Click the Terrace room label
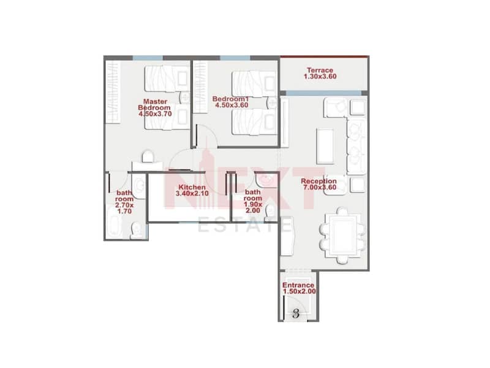pyautogui.click(x=320, y=70)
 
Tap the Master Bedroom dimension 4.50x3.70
pyautogui.click(x=155, y=114)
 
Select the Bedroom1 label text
pyautogui.click(x=231, y=99)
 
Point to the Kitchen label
pyautogui.click(x=192, y=188)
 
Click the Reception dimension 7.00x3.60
pyautogui.click(x=320, y=188)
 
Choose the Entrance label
pyautogui.click(x=298, y=285)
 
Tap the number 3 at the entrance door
pyautogui.click(x=296, y=313)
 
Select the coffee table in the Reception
pyautogui.click(x=325, y=146)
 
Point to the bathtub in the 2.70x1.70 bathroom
pyautogui.click(x=113, y=223)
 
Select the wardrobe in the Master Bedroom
pyautogui.click(x=112, y=92)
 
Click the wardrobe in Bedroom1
pyautogui.click(x=200, y=87)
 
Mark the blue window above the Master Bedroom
pyautogui.click(x=148, y=58)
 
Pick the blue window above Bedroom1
pyautogui.click(x=235, y=58)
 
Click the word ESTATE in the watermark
pyautogui.click(x=245, y=226)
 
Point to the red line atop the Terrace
pyautogui.click(x=325, y=56)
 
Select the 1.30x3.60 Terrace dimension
pyautogui.click(x=320, y=76)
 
